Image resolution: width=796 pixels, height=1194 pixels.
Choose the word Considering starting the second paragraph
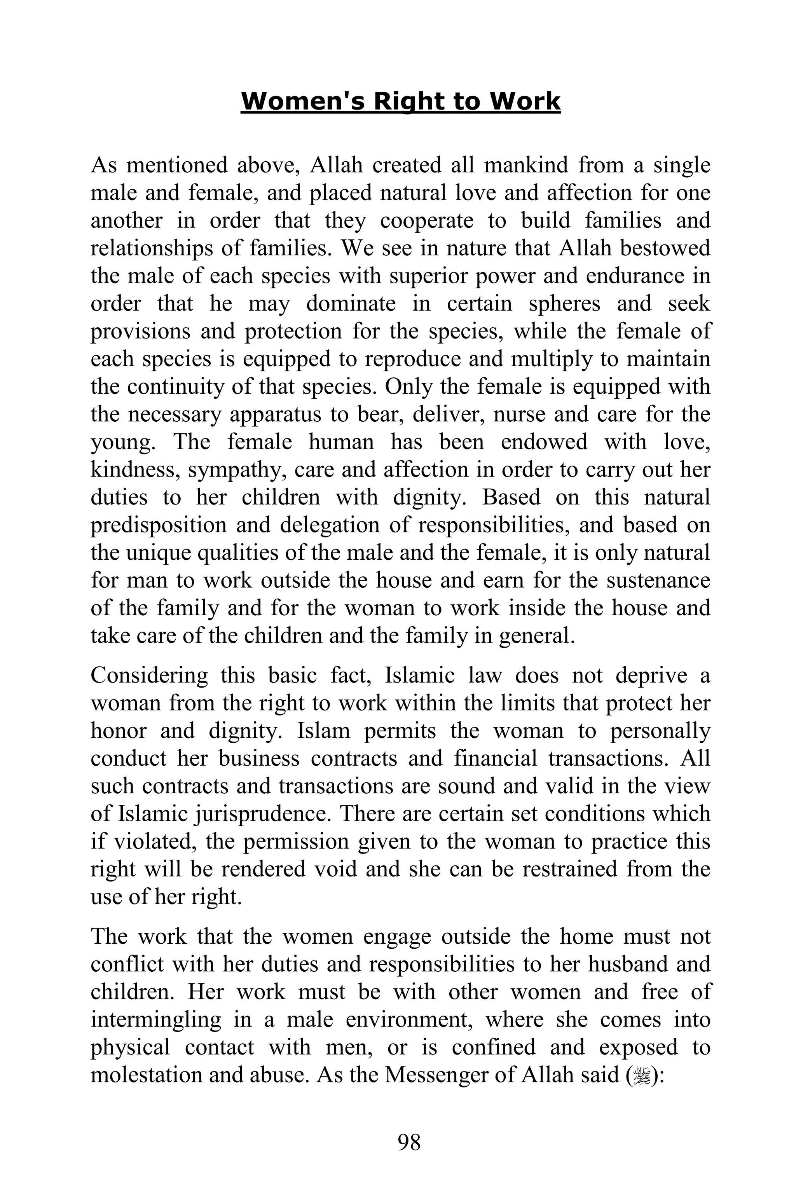pyautogui.click(x=149, y=676)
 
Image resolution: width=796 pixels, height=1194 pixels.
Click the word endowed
pyautogui.click(x=544, y=442)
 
